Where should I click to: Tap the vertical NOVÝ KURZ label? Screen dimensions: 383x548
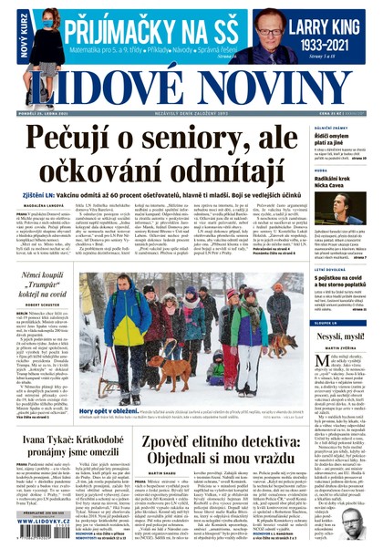8,33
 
